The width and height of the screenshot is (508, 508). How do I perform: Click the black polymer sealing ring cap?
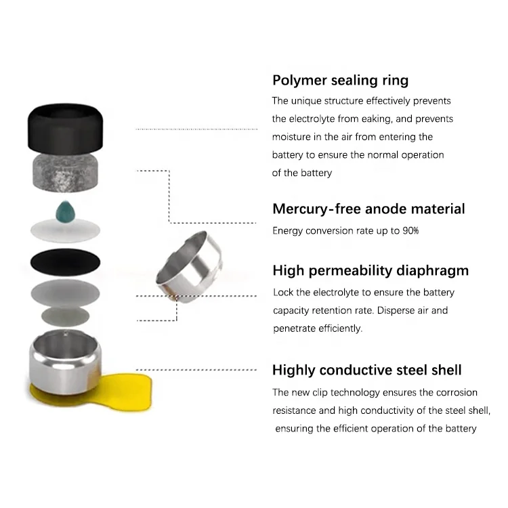pos(65,127)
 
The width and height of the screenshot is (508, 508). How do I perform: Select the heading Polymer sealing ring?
pos(340,81)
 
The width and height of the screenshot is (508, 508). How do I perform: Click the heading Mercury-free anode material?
pos(368,209)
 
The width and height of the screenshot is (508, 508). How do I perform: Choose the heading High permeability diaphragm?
pos(370,271)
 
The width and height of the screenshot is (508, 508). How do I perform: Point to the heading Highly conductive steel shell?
pos(366,371)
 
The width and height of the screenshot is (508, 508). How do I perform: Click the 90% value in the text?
pos(409,231)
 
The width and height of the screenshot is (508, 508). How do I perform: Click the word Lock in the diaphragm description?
pos(284,293)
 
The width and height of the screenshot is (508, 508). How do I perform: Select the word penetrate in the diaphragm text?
pos(295,329)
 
